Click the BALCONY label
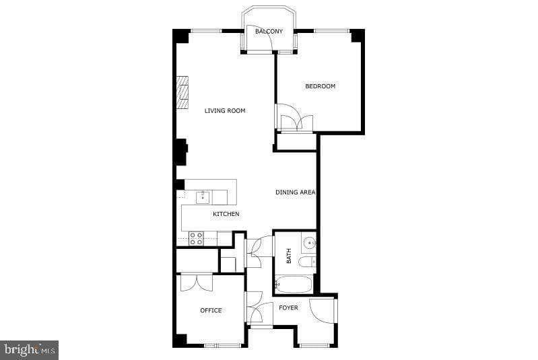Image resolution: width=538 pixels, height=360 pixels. tap(269, 31)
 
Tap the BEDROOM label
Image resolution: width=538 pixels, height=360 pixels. tap(320, 86)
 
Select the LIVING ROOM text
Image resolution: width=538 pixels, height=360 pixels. tap(225, 111)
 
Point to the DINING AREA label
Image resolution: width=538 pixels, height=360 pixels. tap(296, 192)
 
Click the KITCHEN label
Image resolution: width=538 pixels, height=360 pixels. tap(226, 214)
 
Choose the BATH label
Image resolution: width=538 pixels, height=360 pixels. tap(289, 256)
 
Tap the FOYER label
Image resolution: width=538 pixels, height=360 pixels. tap(288, 308)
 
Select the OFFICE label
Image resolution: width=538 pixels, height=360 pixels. tap(211, 310)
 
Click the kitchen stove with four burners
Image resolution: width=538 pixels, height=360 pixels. tap(197, 239)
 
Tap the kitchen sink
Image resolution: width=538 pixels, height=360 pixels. tap(203, 197)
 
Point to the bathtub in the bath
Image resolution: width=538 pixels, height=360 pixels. tap(294, 285)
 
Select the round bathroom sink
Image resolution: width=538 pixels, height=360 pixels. tap(309, 243)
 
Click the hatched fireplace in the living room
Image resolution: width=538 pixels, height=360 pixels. tap(182, 93)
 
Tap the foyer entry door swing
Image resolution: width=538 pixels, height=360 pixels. tap(321, 310)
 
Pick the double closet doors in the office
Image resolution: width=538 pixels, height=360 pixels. tap(196, 283)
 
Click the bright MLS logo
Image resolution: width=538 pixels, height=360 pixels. tap(30, 350)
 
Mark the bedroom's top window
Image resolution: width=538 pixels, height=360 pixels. tap(332, 31)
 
